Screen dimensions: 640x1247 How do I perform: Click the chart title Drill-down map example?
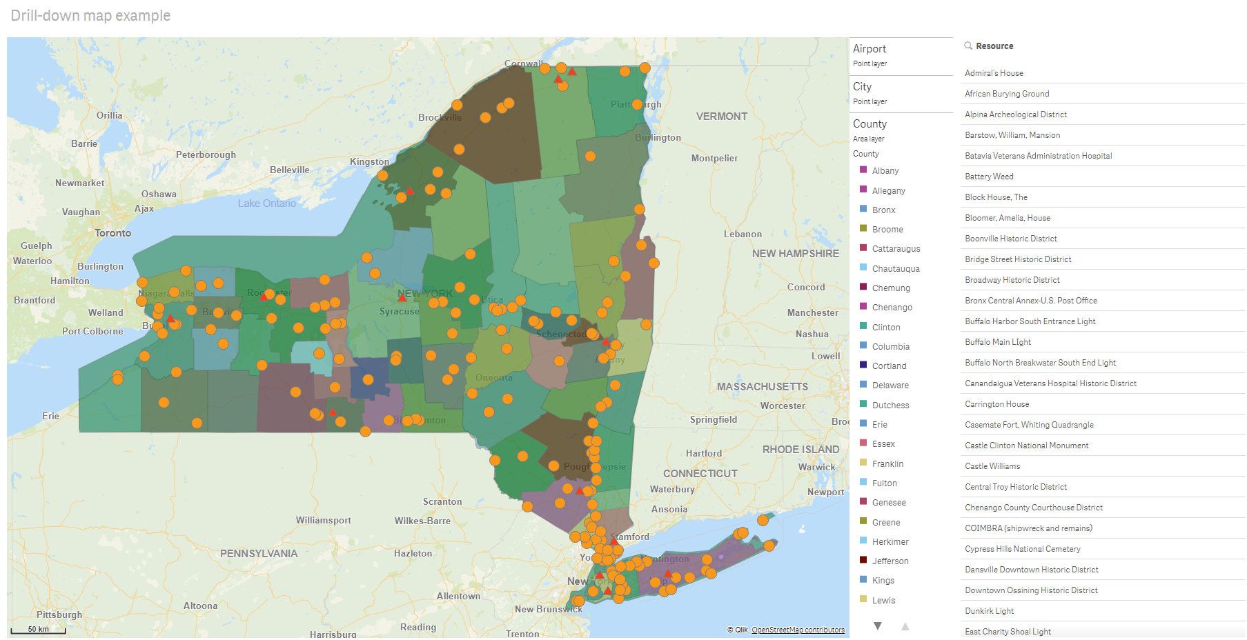click(90, 16)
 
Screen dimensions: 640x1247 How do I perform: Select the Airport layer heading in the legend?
click(870, 49)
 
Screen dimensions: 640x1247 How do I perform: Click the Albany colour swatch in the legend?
click(863, 170)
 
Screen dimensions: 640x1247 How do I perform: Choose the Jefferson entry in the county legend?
click(890, 561)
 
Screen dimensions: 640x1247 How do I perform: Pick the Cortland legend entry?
click(889, 366)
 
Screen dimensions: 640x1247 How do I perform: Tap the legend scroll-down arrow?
click(878, 626)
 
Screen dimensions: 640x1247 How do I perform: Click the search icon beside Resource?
click(968, 46)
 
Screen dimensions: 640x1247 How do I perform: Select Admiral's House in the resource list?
click(994, 73)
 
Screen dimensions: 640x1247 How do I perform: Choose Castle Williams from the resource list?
click(992, 466)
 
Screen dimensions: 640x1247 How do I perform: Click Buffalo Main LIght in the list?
click(998, 342)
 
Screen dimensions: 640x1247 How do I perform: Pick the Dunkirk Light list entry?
click(989, 611)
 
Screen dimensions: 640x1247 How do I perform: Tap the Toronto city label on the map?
click(112, 233)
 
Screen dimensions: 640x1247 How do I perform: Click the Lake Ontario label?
click(267, 203)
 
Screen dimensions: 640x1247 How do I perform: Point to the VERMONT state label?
click(721, 117)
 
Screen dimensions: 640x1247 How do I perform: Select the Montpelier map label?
click(714, 159)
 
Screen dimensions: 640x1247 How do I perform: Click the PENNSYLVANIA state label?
click(259, 554)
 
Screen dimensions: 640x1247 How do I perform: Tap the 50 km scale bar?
click(39, 629)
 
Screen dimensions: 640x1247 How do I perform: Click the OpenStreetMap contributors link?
click(798, 630)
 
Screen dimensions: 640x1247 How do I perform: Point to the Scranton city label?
click(442, 502)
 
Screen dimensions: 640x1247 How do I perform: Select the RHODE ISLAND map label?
click(801, 450)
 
